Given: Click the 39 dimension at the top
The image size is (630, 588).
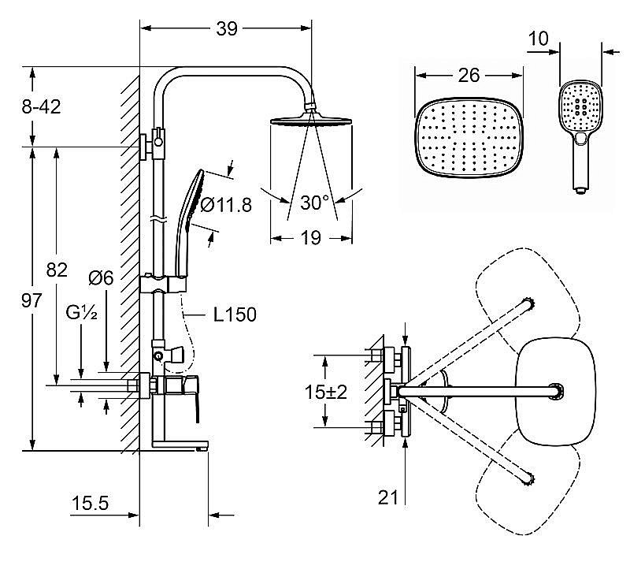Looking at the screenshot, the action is coord(227,28).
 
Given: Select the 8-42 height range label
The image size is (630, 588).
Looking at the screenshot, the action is coord(42,107).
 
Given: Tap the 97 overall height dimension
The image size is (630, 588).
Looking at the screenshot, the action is coord(31,300).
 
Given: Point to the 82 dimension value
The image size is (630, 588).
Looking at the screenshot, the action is coord(57,270).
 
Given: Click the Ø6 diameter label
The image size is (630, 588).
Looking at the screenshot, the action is coord(102,278).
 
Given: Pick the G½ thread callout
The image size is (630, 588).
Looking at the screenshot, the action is coord(82,312).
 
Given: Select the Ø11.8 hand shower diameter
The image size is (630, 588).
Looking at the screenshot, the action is coord(226,205).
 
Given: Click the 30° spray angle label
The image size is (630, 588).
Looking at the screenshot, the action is coord(314,203).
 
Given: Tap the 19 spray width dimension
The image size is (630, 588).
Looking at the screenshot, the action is coord(310,238).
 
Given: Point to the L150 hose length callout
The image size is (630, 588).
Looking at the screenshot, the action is coord(235,314).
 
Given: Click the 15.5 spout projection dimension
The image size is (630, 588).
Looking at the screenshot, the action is coord(90,503).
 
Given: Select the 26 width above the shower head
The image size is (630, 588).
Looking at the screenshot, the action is coord(469,75).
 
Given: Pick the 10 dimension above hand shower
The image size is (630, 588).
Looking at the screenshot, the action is coord(538,39).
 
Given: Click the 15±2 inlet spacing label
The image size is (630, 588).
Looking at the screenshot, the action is coord(325,392).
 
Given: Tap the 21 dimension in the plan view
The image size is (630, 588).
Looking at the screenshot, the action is coord(387,497).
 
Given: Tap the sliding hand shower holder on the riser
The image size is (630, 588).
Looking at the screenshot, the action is coord(164,284).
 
